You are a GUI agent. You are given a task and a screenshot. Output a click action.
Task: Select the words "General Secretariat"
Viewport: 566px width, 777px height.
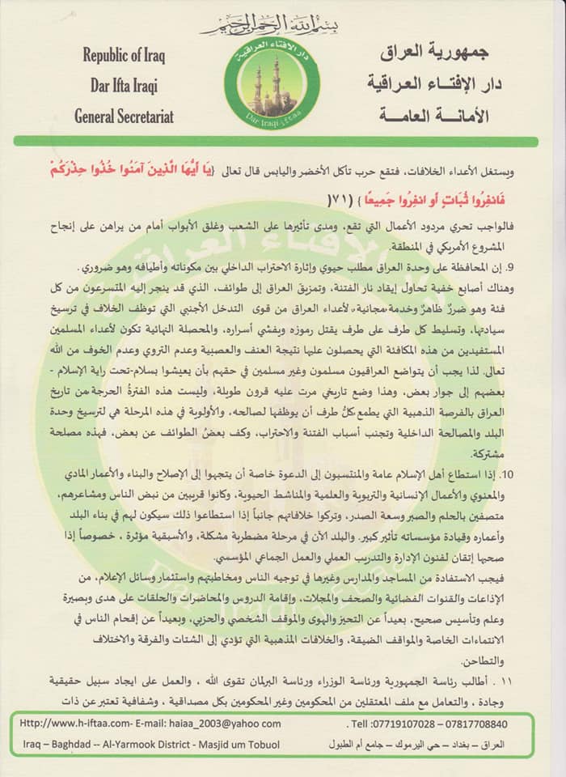tap(124, 116)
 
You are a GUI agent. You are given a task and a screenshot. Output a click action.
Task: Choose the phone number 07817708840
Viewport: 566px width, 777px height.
tap(479, 724)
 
